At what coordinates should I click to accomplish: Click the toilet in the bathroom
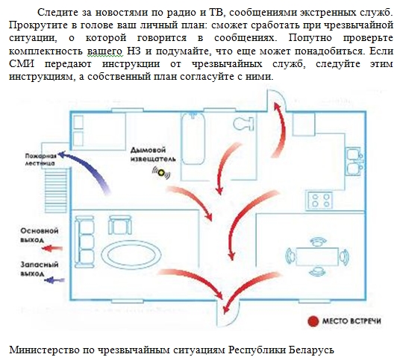tap(243, 124)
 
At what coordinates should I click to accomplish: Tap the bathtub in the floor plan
tap(193, 139)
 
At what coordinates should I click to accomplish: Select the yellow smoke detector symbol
tap(161, 173)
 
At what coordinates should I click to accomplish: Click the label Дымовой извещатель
tap(153, 154)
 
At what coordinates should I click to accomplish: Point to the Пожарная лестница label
tap(40, 160)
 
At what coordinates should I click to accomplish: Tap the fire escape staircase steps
tap(56, 190)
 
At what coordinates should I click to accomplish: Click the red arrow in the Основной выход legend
tap(52, 248)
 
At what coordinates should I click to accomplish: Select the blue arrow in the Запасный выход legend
tap(54, 280)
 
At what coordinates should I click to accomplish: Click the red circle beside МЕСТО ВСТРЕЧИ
tap(313, 321)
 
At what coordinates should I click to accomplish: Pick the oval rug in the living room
tap(131, 256)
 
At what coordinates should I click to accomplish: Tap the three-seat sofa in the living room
tap(84, 241)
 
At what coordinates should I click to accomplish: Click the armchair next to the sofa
tap(120, 225)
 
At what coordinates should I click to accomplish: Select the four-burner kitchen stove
tap(320, 200)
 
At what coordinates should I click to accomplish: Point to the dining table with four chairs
tap(317, 256)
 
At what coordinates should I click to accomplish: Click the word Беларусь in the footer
tap(311, 350)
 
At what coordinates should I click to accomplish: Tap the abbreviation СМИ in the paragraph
tap(22, 63)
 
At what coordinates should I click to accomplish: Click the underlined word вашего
tap(105, 51)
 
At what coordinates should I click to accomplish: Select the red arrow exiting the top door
tap(279, 130)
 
